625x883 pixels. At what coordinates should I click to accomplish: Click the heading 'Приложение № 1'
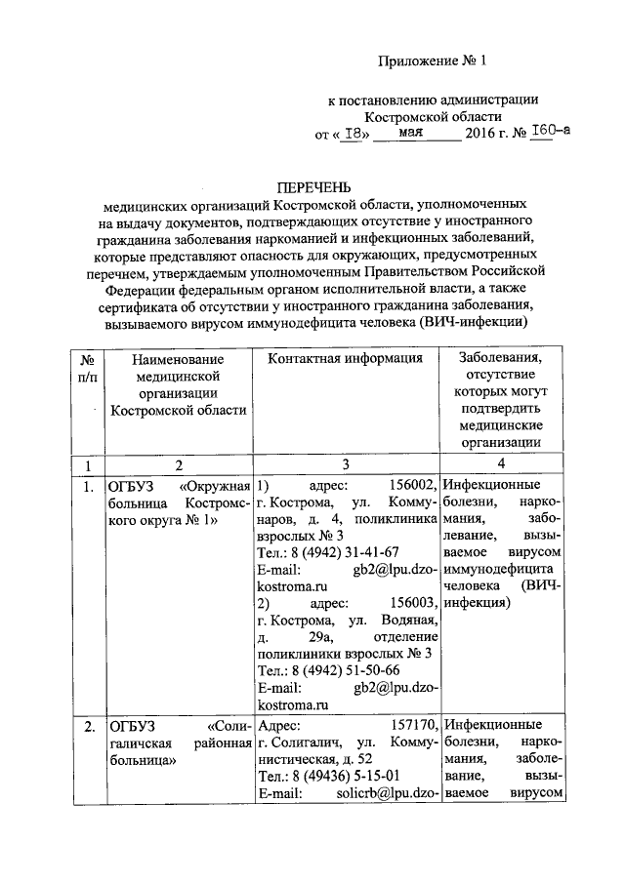point(432,60)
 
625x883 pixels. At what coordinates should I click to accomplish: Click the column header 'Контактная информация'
point(346,358)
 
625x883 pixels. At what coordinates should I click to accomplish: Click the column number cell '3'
point(346,465)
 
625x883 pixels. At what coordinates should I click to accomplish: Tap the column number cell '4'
point(501,465)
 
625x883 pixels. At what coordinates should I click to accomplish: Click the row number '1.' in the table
point(88,485)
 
